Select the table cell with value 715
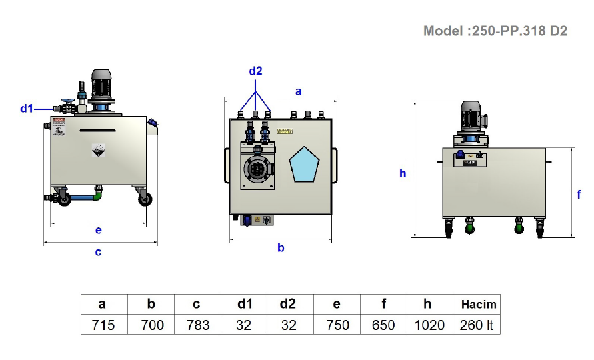pyautogui.click(x=102, y=325)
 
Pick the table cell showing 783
pyautogui.click(x=197, y=325)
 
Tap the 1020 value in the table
pyautogui.click(x=427, y=325)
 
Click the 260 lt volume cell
pyautogui.click(x=477, y=325)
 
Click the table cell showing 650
pyautogui.click(x=383, y=325)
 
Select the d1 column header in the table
pyautogui.click(x=245, y=305)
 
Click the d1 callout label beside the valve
pyautogui.click(x=27, y=108)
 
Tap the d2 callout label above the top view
pyautogui.click(x=256, y=71)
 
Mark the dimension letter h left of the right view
pyautogui.click(x=403, y=173)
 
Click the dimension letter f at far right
pyautogui.click(x=579, y=195)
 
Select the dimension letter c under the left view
pyautogui.click(x=99, y=252)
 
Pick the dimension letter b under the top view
pyautogui.click(x=281, y=248)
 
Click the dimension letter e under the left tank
pyautogui.click(x=99, y=230)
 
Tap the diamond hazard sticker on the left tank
pyautogui.click(x=99, y=151)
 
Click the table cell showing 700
pyautogui.click(x=151, y=325)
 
